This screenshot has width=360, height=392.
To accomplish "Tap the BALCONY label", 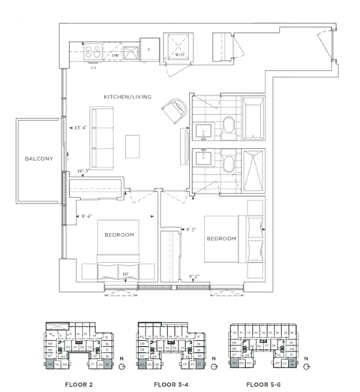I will pyautogui.click(x=37, y=158).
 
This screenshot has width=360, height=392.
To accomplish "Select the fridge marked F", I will pyautogui.click(x=149, y=50).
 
